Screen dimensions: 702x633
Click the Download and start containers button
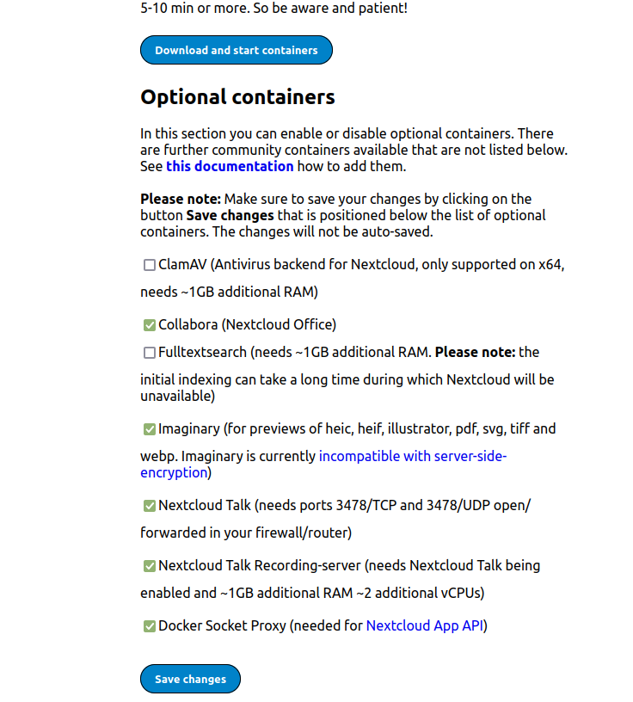(x=236, y=51)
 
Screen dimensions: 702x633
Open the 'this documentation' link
(x=230, y=166)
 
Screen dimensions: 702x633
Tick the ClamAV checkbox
(x=150, y=265)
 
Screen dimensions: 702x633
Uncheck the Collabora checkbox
(x=150, y=325)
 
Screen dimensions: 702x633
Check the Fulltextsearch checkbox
(x=150, y=353)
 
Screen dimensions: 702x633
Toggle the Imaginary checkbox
(x=150, y=428)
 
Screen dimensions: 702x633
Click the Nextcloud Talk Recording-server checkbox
(x=150, y=566)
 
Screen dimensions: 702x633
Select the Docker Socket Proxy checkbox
(x=150, y=626)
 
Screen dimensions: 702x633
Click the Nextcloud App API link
(x=425, y=626)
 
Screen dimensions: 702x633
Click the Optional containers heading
(x=237, y=97)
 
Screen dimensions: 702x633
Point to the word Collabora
(x=188, y=325)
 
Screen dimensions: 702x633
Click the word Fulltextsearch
(x=202, y=353)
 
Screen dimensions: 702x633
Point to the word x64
(x=550, y=265)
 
